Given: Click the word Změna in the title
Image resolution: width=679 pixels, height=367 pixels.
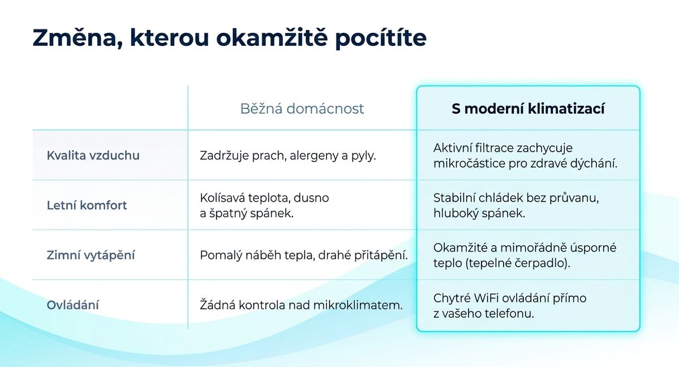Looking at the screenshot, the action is [78, 37].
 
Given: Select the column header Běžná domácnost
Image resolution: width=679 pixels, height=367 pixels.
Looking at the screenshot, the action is [302, 109].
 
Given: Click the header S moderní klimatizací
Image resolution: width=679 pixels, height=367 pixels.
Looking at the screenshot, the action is [528, 109].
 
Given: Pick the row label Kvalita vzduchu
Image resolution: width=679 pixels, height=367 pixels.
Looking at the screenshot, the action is [93, 155].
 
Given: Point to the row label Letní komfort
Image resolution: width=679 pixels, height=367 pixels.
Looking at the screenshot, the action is [87, 206].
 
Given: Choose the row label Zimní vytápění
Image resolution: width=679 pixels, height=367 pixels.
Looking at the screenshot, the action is [91, 255].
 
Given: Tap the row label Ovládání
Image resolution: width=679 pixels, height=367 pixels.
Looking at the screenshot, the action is [73, 305].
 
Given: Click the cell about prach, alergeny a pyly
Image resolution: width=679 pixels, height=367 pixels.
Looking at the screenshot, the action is [287, 156].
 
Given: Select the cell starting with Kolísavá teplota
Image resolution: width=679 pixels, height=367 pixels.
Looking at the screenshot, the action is [264, 206].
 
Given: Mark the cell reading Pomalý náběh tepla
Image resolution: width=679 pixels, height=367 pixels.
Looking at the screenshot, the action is [304, 255].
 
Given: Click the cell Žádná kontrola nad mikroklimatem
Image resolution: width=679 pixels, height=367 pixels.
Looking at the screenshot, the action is [301, 305].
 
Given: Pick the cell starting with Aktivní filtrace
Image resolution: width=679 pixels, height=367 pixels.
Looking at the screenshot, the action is [525, 156].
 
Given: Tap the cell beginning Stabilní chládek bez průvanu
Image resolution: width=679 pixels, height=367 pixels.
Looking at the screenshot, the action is [516, 206].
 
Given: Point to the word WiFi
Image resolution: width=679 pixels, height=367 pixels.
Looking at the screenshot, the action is [486, 298].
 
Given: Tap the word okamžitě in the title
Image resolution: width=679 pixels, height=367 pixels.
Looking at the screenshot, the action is [272, 37].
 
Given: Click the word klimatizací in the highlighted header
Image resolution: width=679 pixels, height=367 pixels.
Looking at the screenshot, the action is [566, 109].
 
